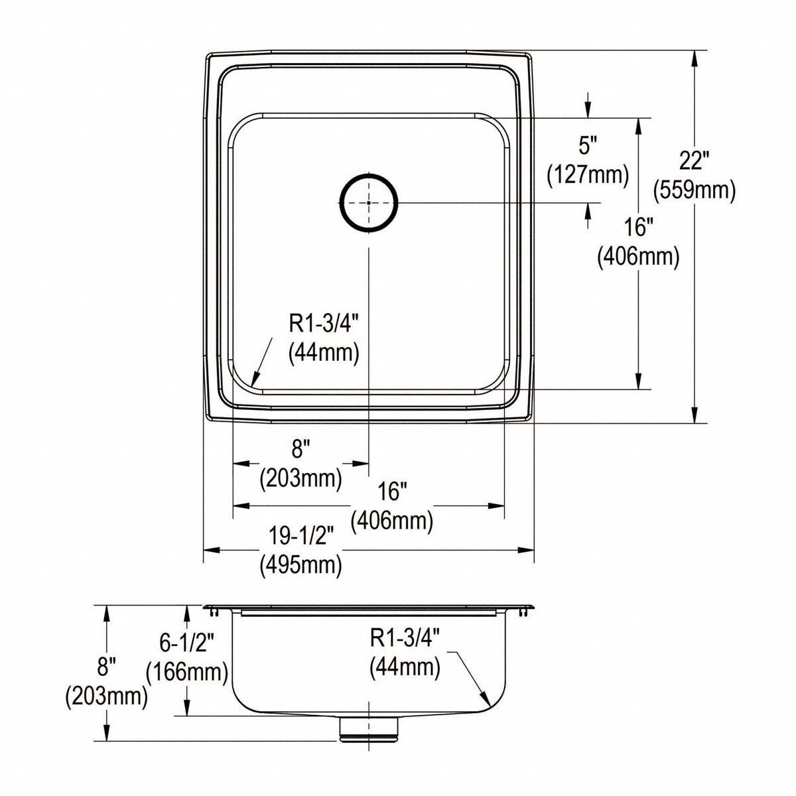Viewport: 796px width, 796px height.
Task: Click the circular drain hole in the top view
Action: [x=369, y=202]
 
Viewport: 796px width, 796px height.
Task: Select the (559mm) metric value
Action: [x=695, y=191]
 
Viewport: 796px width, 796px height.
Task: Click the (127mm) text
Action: [x=588, y=174]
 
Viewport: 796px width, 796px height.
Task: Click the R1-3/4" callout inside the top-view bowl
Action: [x=324, y=323]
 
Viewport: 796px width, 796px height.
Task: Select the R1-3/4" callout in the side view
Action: [x=405, y=638]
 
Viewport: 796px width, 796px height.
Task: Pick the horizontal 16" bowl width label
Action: [x=392, y=492]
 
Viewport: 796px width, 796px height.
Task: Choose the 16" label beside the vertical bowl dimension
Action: [x=638, y=228]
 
